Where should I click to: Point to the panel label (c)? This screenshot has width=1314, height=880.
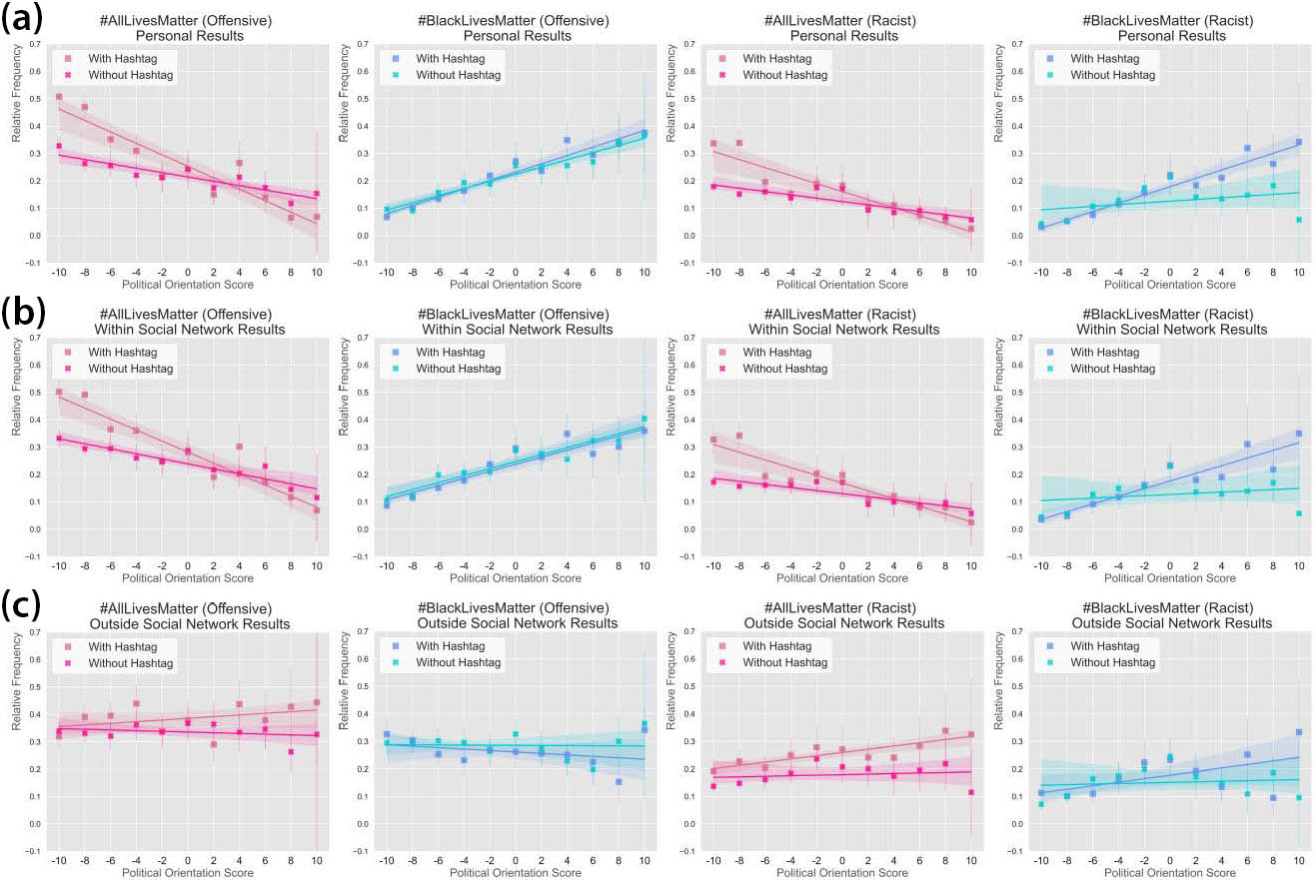pyautogui.click(x=22, y=606)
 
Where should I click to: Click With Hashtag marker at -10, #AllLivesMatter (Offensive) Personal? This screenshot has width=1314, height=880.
pyautogui.click(x=59, y=97)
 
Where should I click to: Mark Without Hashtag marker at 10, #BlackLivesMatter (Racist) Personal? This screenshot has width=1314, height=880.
pyautogui.click(x=1298, y=220)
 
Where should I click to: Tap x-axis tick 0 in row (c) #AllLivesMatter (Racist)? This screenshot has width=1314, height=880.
pyautogui.click(x=841, y=860)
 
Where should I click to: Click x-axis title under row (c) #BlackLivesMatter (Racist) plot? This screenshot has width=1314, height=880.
pyautogui.click(x=1169, y=873)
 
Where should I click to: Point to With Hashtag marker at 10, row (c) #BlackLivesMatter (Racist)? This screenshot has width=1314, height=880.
pyautogui.click(x=1298, y=732)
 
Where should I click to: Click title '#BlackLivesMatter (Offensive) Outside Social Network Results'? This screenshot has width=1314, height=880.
pyautogui.click(x=516, y=615)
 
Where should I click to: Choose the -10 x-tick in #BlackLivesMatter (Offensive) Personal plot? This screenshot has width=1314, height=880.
pyautogui.click(x=387, y=273)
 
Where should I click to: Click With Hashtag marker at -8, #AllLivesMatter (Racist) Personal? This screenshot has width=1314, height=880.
pyautogui.click(x=739, y=143)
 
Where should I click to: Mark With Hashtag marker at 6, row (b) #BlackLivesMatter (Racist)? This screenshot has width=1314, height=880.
pyautogui.click(x=1247, y=443)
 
